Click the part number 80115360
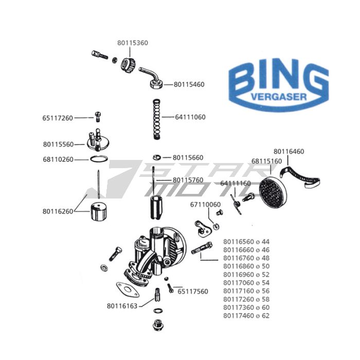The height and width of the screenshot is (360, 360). coord(133,43)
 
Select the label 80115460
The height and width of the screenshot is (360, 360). coord(189,84)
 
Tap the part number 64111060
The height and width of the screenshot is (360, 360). coord(190,117)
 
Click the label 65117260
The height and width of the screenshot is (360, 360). coord(58,118)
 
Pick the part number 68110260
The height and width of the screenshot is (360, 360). coord(58,159)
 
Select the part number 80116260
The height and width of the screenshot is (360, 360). coord(58,211)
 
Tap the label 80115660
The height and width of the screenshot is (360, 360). coord(188,157)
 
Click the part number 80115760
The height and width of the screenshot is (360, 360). coord(188,180)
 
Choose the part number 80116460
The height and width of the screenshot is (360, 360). coord(289,151)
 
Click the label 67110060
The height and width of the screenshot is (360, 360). coord(205,204)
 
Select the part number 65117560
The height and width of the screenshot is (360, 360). coord(193,292)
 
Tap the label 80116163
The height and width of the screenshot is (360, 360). coord(122,306)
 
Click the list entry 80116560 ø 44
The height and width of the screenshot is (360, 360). coord(246,241)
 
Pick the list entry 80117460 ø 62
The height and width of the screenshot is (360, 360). coord(246,316)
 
